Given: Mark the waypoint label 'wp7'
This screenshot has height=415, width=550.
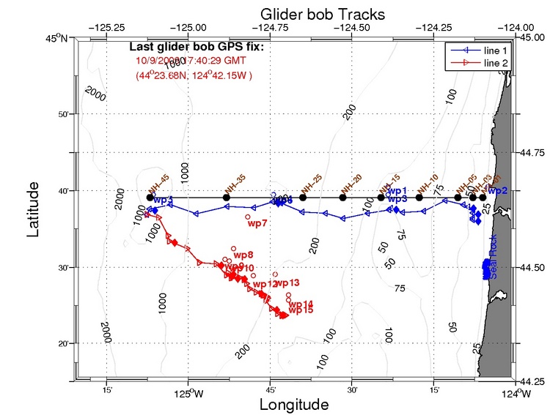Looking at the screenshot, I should point(257,224).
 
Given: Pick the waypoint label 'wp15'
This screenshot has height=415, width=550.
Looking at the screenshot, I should point(301,310).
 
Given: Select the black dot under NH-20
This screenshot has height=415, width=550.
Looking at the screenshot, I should point(342,197).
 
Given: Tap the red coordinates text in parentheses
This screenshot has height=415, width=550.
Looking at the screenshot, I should point(194,75).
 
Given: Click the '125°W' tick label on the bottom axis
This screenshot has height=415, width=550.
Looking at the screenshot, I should point(188,395).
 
